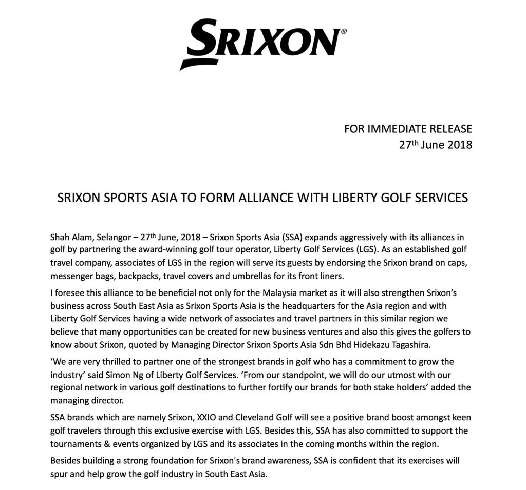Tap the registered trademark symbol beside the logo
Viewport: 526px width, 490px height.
[344, 31]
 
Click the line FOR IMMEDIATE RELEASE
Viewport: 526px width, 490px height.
[408, 128]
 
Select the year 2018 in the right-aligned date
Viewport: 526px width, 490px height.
[456, 145]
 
